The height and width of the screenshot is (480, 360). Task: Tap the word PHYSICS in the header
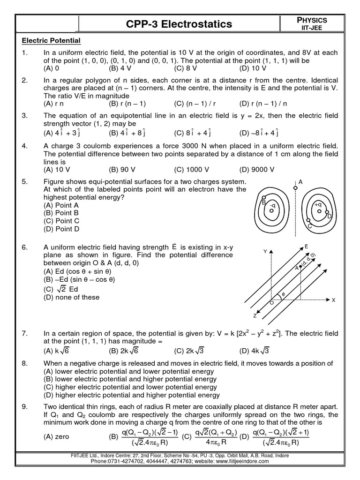point(310,20)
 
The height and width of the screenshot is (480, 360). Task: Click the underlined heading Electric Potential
point(52,41)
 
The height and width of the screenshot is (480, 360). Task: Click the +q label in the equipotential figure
point(318,204)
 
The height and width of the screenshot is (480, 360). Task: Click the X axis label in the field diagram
point(333,300)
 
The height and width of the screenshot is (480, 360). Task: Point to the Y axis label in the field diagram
point(265,252)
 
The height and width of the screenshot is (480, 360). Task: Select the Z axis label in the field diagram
point(255,315)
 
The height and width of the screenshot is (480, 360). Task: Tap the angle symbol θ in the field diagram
point(283,294)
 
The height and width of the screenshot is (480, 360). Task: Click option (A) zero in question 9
point(56,437)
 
